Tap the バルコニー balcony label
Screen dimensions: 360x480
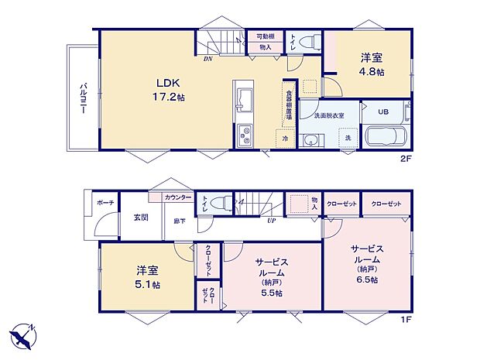81,99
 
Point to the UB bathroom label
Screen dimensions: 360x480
383,111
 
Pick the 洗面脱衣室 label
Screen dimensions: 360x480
329,115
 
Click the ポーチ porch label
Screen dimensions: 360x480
105,202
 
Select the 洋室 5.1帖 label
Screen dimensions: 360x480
148,277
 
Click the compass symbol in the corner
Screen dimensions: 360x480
23,337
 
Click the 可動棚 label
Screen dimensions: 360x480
266,36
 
